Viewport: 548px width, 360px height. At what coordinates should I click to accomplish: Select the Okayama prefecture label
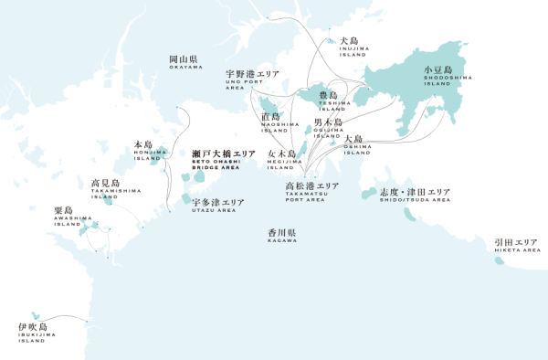185,62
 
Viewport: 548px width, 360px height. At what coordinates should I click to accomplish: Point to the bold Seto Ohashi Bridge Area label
224,159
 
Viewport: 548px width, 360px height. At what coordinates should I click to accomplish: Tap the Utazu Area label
217,205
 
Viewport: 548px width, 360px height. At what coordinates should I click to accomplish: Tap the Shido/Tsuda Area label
415,196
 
